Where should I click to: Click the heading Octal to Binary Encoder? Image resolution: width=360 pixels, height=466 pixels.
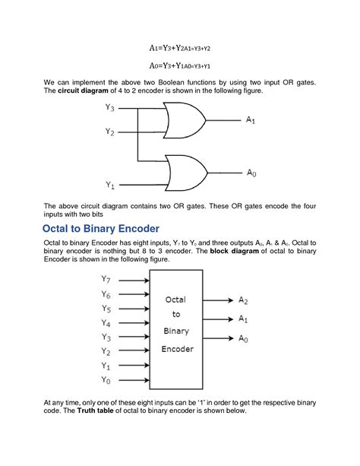(x=101, y=228)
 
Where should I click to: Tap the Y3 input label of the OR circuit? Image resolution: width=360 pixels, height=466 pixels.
(x=109, y=109)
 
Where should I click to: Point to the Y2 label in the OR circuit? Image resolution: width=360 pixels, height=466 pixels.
(x=109, y=132)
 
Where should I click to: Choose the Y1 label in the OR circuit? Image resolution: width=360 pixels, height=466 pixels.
(x=109, y=185)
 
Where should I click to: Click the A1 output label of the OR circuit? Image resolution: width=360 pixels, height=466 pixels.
(x=251, y=120)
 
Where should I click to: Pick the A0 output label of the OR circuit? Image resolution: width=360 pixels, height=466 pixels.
(x=251, y=173)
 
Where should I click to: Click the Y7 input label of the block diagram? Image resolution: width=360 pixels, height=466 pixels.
(x=106, y=281)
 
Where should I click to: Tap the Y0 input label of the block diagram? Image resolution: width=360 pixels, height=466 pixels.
(x=106, y=379)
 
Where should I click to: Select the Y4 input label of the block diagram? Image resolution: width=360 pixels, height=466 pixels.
(x=106, y=323)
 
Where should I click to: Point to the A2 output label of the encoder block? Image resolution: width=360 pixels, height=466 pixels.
(x=243, y=301)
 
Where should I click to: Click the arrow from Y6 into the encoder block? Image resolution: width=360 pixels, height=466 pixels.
(x=134, y=294)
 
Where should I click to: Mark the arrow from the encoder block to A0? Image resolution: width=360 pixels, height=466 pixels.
(x=221, y=338)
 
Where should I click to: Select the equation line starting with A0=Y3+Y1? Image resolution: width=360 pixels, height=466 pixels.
(x=179, y=66)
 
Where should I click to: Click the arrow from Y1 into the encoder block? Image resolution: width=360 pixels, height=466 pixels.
(x=134, y=366)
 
